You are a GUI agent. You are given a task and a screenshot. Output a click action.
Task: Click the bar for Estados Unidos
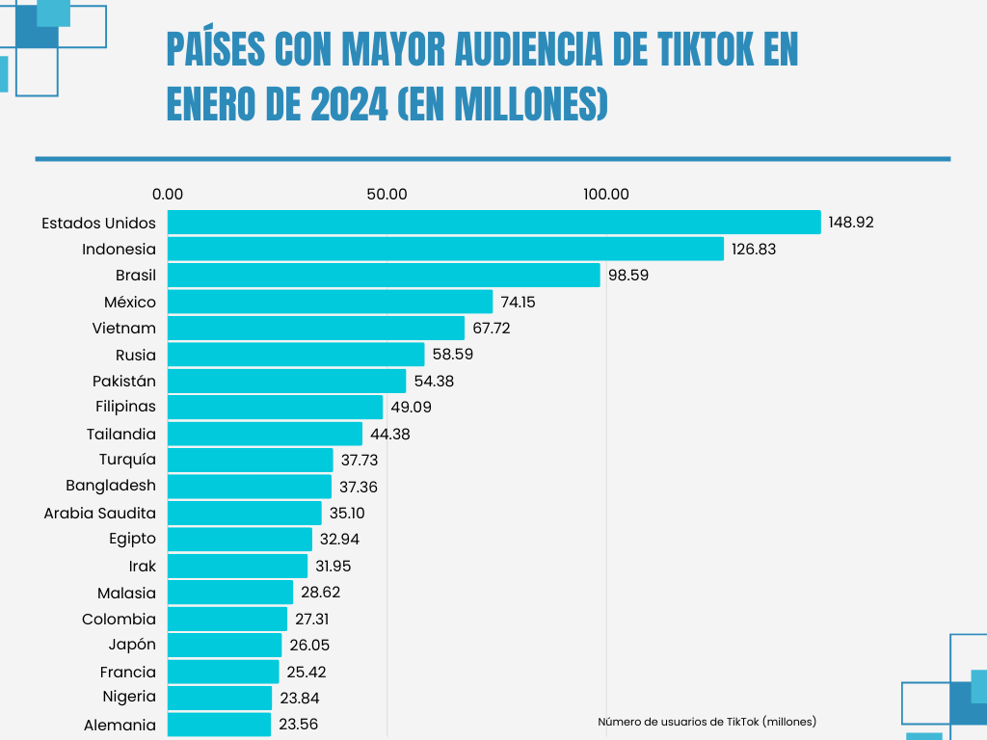point(493,223)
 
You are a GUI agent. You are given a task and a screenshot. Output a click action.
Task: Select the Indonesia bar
point(445,249)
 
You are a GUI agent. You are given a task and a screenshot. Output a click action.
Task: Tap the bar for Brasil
point(384,276)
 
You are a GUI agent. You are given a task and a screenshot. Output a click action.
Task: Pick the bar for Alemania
point(219,724)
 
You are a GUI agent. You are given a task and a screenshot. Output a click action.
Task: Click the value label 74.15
point(518,302)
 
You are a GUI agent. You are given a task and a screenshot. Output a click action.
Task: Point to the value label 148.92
point(851,223)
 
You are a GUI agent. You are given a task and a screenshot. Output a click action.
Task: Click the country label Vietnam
point(123,329)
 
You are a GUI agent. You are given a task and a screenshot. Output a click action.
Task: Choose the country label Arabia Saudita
point(99,513)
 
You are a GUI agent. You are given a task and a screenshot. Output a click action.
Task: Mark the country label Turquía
point(127,459)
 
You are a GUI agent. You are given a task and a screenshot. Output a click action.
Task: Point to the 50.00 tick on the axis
point(387,194)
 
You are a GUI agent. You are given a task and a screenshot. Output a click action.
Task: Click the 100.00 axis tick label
point(606,194)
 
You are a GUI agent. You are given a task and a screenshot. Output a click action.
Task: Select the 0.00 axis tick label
point(168,194)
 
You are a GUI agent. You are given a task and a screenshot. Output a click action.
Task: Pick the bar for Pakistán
point(286,381)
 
